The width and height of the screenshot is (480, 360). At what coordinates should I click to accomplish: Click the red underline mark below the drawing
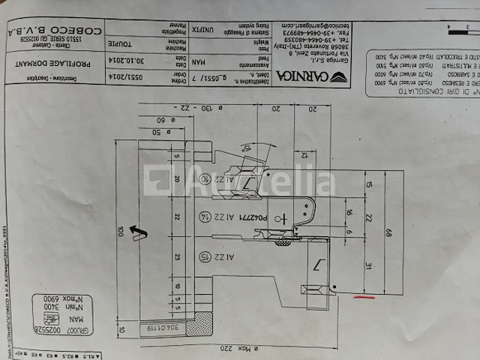[364, 296]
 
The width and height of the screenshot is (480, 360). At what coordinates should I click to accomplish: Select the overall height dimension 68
[388, 233]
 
